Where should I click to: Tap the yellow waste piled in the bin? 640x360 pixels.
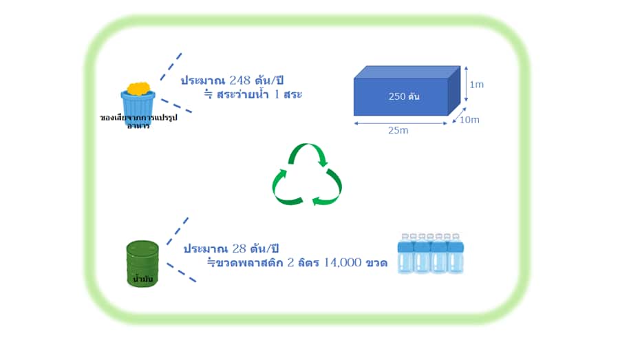[139, 88]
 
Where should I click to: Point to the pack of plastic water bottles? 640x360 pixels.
[431, 253]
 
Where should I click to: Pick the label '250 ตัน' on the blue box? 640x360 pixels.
[404, 97]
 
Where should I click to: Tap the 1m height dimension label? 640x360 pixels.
[476, 85]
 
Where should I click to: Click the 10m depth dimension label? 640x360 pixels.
[470, 120]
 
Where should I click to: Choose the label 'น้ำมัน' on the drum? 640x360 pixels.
[142, 279]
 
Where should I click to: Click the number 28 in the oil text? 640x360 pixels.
[241, 248]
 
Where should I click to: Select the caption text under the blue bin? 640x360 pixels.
[138, 122]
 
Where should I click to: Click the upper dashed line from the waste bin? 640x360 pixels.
[171, 66]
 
